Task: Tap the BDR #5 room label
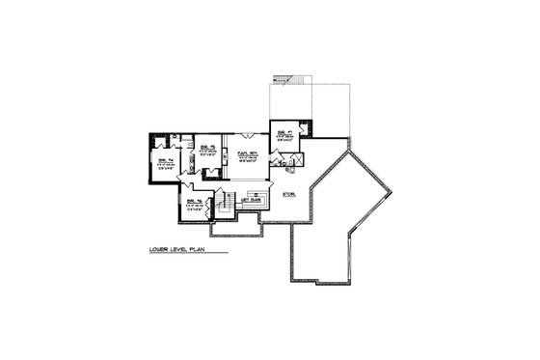coord(206,148)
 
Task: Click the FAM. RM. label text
coord(244,153)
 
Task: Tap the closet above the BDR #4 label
coord(162,142)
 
